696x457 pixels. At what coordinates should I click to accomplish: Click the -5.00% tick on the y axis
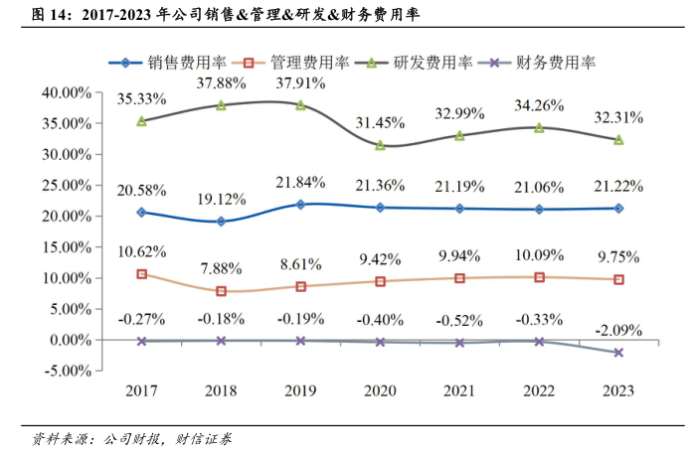pos(66,371)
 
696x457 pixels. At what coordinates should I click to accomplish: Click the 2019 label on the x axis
pos(301,390)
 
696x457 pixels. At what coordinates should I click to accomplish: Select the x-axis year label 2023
pos(618,390)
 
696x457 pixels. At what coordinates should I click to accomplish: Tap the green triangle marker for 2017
pos(142,121)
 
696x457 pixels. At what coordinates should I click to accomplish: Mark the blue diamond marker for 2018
pos(221,222)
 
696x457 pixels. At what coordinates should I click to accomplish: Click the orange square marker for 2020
pos(380,281)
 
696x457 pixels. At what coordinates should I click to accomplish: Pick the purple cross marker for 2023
pos(618,353)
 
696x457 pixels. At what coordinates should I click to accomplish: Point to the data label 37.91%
pos(300,83)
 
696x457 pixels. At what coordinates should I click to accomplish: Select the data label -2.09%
pos(617,329)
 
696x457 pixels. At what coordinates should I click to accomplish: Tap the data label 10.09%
pos(539,258)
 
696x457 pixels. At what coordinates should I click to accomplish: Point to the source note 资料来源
pos(58,437)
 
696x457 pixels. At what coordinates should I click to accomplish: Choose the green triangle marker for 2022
pos(539,127)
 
